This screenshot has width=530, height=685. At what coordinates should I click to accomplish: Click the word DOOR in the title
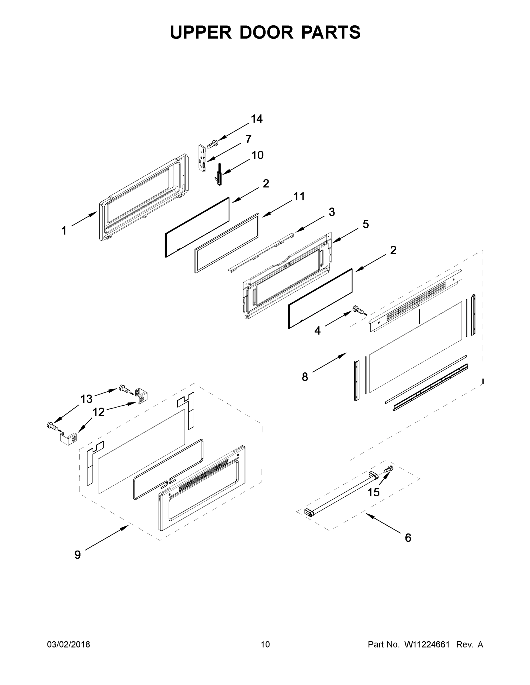266,32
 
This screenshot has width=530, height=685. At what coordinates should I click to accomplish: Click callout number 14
257,119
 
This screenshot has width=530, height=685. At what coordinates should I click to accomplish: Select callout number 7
248,139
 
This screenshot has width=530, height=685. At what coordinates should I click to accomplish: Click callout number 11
299,197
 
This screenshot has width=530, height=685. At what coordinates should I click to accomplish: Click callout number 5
366,224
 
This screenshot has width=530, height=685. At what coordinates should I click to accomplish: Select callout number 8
305,377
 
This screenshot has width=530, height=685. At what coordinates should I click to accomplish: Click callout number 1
64,231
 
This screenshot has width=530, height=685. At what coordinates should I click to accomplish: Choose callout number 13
86,399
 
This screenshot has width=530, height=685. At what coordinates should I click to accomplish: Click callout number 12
99,412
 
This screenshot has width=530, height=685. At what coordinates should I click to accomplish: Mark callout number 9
77,555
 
